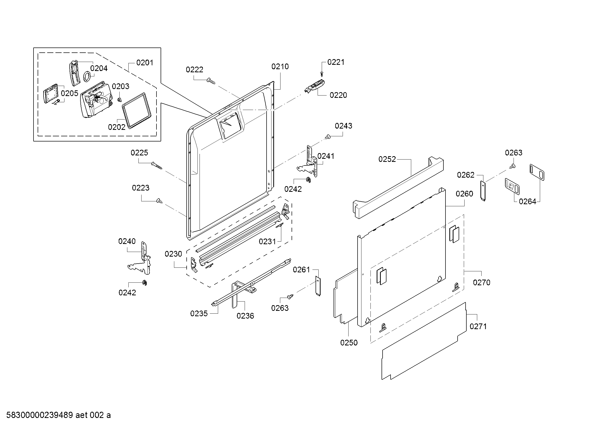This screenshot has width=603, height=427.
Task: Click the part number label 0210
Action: tap(280, 67)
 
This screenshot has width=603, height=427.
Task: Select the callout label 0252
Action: tap(387, 159)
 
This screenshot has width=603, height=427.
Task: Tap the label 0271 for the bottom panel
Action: tap(478, 326)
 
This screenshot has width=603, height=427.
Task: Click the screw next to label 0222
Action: tap(211, 81)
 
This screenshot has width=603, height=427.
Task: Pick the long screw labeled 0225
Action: tap(157, 166)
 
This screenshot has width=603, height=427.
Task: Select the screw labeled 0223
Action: tap(159, 201)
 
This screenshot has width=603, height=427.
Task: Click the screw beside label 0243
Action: tap(327, 137)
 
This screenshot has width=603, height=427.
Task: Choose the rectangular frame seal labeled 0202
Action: tap(137, 110)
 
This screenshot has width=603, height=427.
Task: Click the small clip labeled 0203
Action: tap(120, 99)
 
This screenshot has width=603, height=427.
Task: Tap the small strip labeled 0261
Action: tap(318, 286)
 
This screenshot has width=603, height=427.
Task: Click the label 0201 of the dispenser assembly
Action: tap(145, 63)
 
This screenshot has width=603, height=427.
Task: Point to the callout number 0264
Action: tap(527, 202)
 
